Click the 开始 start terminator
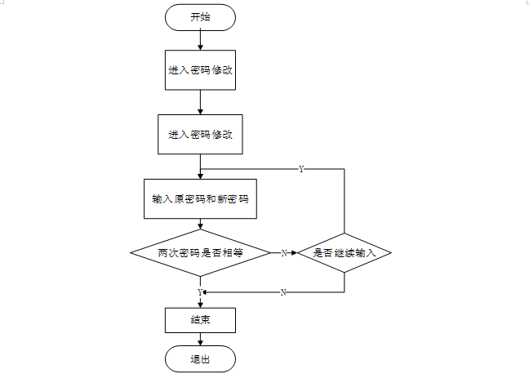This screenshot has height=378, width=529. (200, 16)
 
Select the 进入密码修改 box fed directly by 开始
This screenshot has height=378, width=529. (200, 70)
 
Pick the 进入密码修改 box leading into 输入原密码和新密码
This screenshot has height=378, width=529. (200, 134)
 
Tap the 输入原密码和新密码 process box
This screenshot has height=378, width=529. (200, 198)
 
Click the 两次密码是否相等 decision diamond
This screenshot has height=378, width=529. (200, 253)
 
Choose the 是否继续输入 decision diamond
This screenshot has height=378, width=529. (344, 253)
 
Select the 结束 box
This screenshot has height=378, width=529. (200, 320)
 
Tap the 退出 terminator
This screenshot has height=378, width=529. (200, 358)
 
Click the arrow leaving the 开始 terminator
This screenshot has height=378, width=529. (200, 39)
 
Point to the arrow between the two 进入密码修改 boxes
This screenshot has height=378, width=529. (200, 102)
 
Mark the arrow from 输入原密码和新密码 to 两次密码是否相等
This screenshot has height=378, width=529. (200, 227)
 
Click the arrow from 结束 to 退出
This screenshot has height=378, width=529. (200, 339)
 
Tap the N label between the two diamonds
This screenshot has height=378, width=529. (283, 253)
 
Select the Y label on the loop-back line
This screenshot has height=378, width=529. (301, 169)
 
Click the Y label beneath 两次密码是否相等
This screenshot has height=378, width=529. (200, 291)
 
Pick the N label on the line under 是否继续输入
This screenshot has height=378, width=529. (282, 291)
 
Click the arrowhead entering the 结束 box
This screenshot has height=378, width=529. (200, 304)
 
